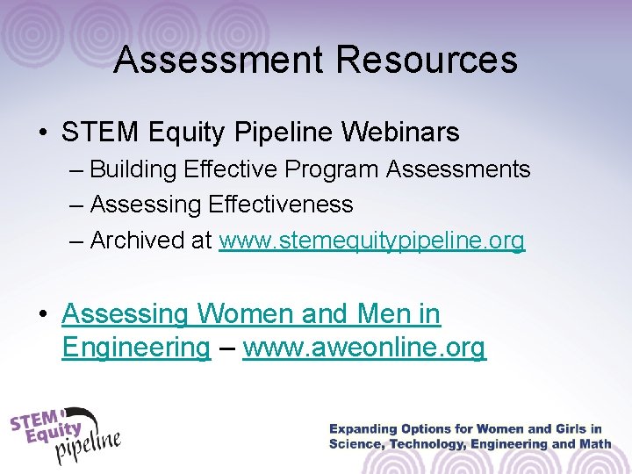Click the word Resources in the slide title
427,60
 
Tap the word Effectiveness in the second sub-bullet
281,205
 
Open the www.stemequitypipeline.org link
371,241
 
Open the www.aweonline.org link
364,348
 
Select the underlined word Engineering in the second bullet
136,348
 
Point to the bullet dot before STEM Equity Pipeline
43,133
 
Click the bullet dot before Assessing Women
43,314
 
